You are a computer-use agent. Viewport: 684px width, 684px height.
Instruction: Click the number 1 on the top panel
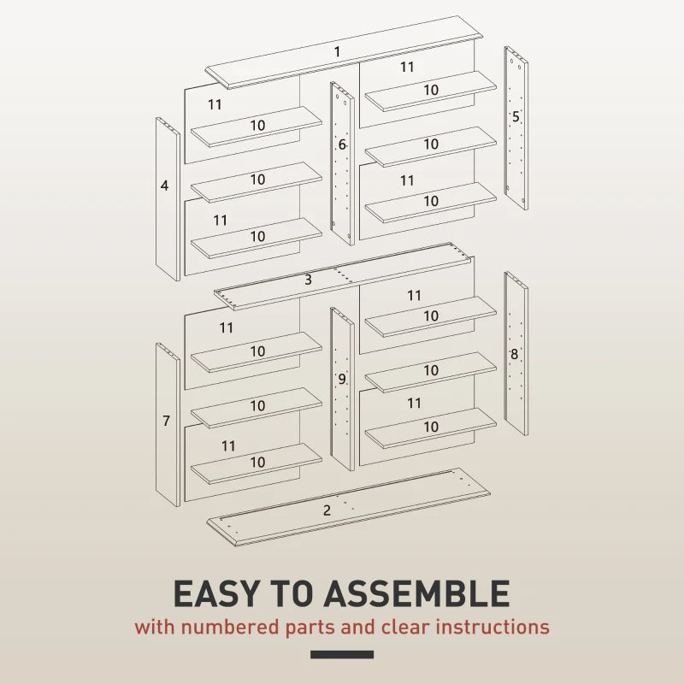click(x=337, y=52)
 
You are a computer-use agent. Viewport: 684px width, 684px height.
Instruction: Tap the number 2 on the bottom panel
click(x=327, y=510)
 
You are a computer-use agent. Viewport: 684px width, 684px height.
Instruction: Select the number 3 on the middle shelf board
click(x=308, y=280)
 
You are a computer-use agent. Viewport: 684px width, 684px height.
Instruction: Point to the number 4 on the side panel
click(x=164, y=185)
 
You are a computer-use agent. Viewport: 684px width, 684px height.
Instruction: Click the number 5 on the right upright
click(x=516, y=117)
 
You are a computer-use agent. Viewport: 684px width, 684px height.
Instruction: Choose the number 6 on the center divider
click(x=342, y=145)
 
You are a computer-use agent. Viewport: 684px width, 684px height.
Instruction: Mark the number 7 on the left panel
click(x=166, y=421)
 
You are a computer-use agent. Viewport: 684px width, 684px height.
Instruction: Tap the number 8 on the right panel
click(x=515, y=354)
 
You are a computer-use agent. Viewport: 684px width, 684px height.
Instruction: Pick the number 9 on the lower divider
click(x=342, y=379)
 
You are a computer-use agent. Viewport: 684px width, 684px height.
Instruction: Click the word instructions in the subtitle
click(x=492, y=627)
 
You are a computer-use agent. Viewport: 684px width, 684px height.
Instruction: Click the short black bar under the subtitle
click(x=342, y=655)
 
